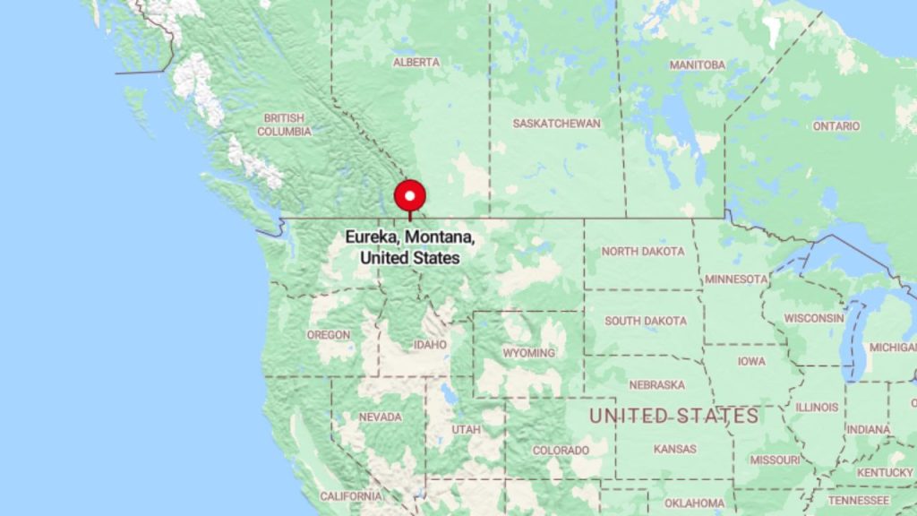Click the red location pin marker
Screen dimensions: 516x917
click(410, 196)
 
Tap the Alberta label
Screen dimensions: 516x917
click(416, 62)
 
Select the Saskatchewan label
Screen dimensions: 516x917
click(556, 123)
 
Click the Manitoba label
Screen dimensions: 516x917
click(697, 64)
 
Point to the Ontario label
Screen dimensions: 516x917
click(836, 126)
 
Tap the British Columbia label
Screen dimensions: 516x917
click(285, 125)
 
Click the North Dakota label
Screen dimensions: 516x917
click(643, 251)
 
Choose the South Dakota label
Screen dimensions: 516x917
click(646, 321)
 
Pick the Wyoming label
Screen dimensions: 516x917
click(528, 353)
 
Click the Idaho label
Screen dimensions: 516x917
click(430, 344)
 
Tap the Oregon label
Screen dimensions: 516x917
click(329, 334)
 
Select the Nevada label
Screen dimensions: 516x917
click(380, 417)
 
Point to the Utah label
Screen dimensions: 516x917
click(466, 429)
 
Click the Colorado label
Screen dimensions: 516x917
click(561, 450)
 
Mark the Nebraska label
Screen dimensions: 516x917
click(656, 384)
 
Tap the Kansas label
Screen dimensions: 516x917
click(675, 448)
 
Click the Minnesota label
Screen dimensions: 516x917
click(736, 279)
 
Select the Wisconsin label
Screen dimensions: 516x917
click(814, 317)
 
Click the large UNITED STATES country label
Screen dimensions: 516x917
click(673, 416)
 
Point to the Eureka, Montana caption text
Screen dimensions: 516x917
click(410, 248)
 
